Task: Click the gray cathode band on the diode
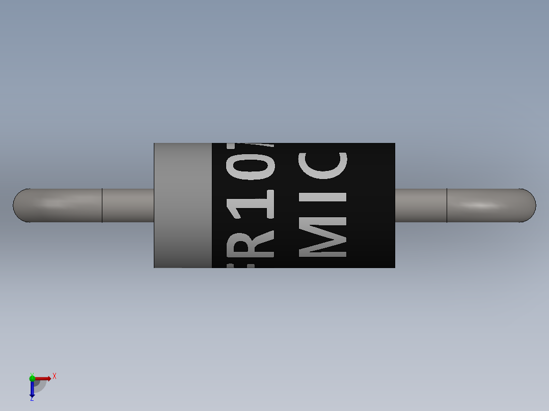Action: click(183, 205)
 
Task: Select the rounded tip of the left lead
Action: click(18, 205)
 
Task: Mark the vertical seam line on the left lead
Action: click(102, 205)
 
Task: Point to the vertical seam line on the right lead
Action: click(447, 205)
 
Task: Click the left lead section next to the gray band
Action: click(128, 205)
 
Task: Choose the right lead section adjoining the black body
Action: click(421, 205)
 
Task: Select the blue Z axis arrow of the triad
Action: click(32, 390)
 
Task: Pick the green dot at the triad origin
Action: click(32, 377)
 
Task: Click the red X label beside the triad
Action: click(54, 376)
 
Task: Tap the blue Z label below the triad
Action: click(32, 399)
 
